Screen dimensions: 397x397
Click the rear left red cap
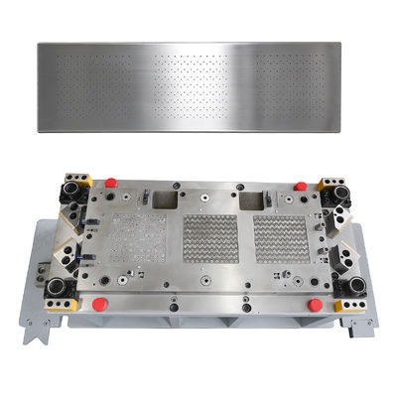111,183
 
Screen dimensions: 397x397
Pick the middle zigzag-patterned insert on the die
209,239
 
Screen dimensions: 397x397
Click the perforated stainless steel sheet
199,88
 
